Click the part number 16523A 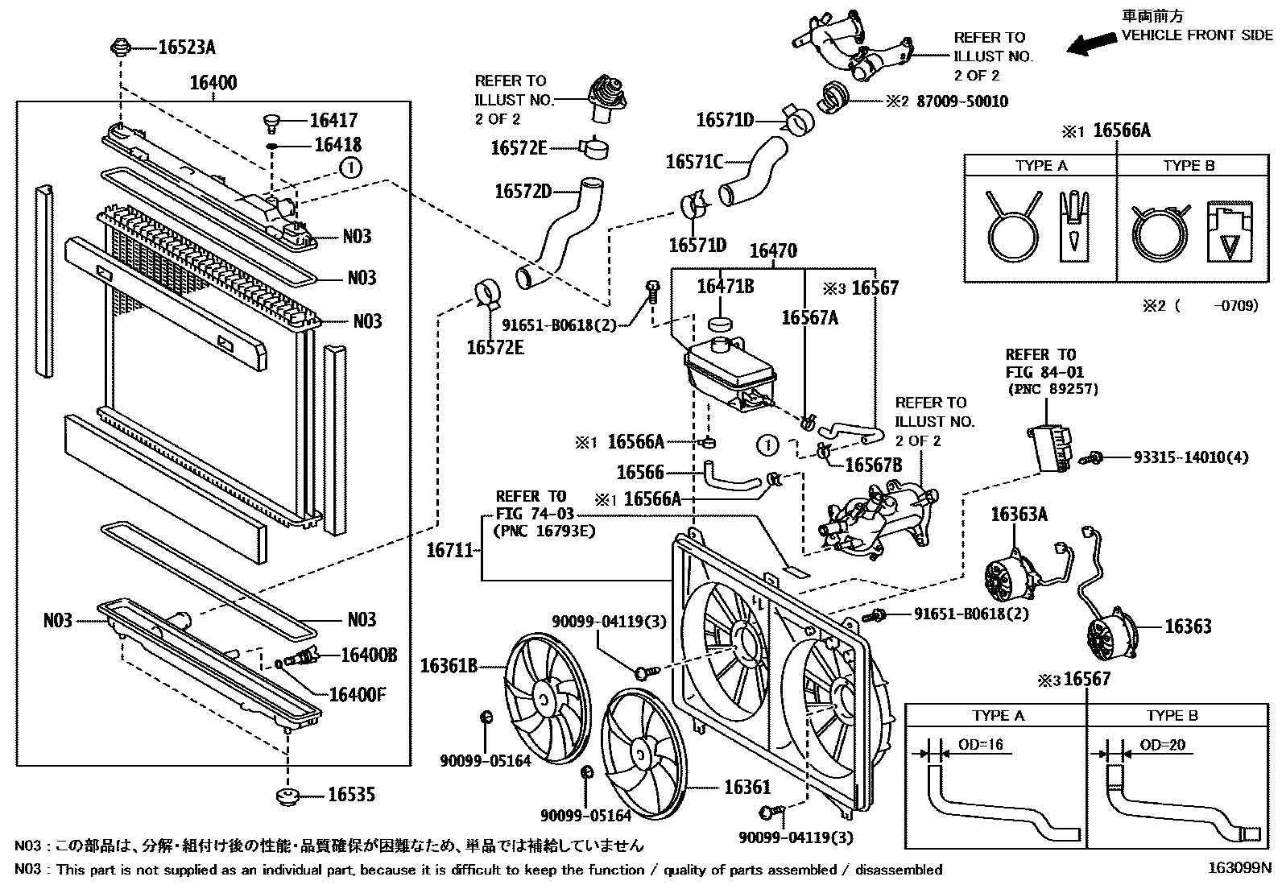(187, 47)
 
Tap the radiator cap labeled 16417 (271, 122)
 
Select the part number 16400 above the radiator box (213, 82)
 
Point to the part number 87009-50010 (962, 101)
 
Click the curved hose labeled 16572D (559, 233)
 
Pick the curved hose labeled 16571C (753, 172)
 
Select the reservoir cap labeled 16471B (721, 324)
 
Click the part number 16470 (773, 250)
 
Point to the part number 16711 (450, 550)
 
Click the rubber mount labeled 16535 (287, 796)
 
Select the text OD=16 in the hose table (980, 744)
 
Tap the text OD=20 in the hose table (1162, 745)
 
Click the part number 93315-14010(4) (1191, 457)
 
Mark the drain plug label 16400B (369, 655)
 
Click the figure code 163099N (1239, 868)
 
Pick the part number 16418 (337, 145)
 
